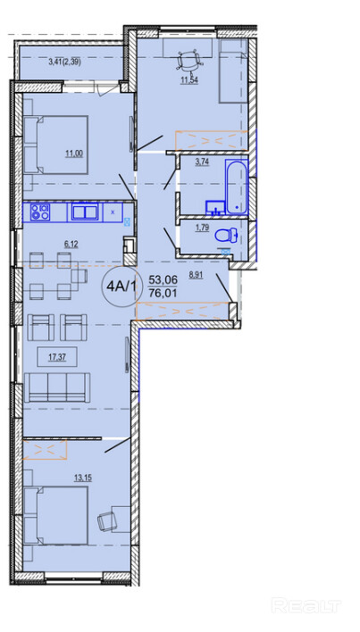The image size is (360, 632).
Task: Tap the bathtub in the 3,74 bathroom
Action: (x=236, y=187)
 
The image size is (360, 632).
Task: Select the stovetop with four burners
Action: (x=40, y=212)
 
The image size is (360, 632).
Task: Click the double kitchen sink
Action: (x=85, y=212)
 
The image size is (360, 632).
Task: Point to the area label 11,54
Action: (x=188, y=79)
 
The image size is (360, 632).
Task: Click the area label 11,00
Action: (x=75, y=153)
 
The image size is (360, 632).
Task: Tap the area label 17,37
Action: (x=56, y=356)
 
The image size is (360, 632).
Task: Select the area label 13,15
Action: (x=83, y=478)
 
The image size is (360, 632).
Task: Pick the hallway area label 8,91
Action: (x=197, y=276)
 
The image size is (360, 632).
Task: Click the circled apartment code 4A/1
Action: (x=121, y=287)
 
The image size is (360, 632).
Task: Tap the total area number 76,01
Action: (x=163, y=293)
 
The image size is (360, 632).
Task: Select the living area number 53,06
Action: (x=163, y=279)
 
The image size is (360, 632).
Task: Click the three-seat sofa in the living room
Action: (x=57, y=387)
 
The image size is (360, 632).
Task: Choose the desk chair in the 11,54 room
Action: (x=188, y=61)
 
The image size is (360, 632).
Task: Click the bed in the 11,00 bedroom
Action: (x=55, y=146)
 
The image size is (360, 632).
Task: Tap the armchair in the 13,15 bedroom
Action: (x=107, y=522)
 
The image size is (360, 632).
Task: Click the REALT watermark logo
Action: (x=306, y=605)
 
